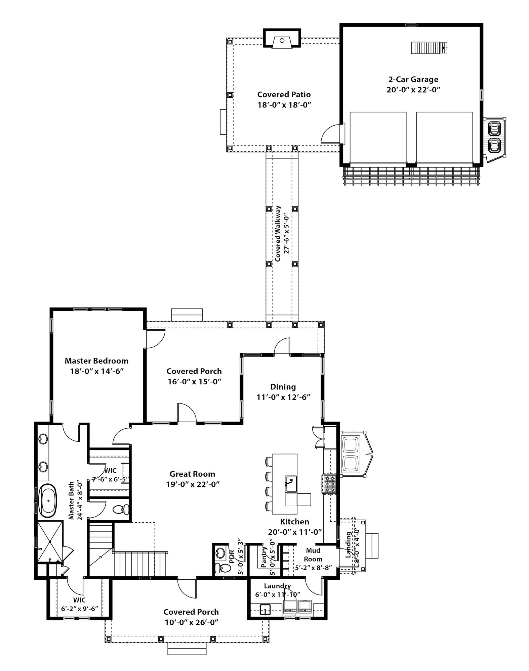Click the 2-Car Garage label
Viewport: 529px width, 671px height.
[413, 80]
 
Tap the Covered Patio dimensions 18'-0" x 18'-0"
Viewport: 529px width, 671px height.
[284, 105]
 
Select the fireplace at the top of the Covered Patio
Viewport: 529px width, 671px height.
[282, 41]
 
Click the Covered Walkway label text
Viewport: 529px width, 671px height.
[278, 234]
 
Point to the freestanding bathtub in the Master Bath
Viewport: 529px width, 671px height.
[48, 501]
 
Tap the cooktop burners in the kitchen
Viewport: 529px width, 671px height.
[329, 484]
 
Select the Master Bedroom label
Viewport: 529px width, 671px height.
[96, 361]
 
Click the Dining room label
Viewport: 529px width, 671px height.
[283, 387]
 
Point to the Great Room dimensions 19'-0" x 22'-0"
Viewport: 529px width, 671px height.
[193, 484]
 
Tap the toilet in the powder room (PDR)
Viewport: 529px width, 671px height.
[223, 568]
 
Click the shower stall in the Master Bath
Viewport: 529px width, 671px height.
[49, 541]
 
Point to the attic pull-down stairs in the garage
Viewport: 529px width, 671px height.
[429, 48]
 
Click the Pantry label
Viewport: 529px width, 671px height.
[264, 557]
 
